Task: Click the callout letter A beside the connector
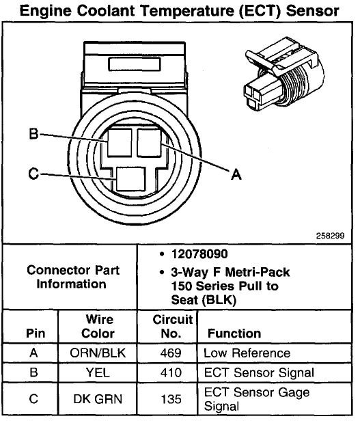pos(236,175)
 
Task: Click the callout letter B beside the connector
pos(33,134)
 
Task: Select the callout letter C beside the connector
pos(33,174)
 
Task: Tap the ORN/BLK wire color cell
pos(98,353)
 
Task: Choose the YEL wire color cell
pos(98,373)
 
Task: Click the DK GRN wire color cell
pos(98,398)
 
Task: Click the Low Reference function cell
pos(247,353)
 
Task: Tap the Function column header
pos(230,333)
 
